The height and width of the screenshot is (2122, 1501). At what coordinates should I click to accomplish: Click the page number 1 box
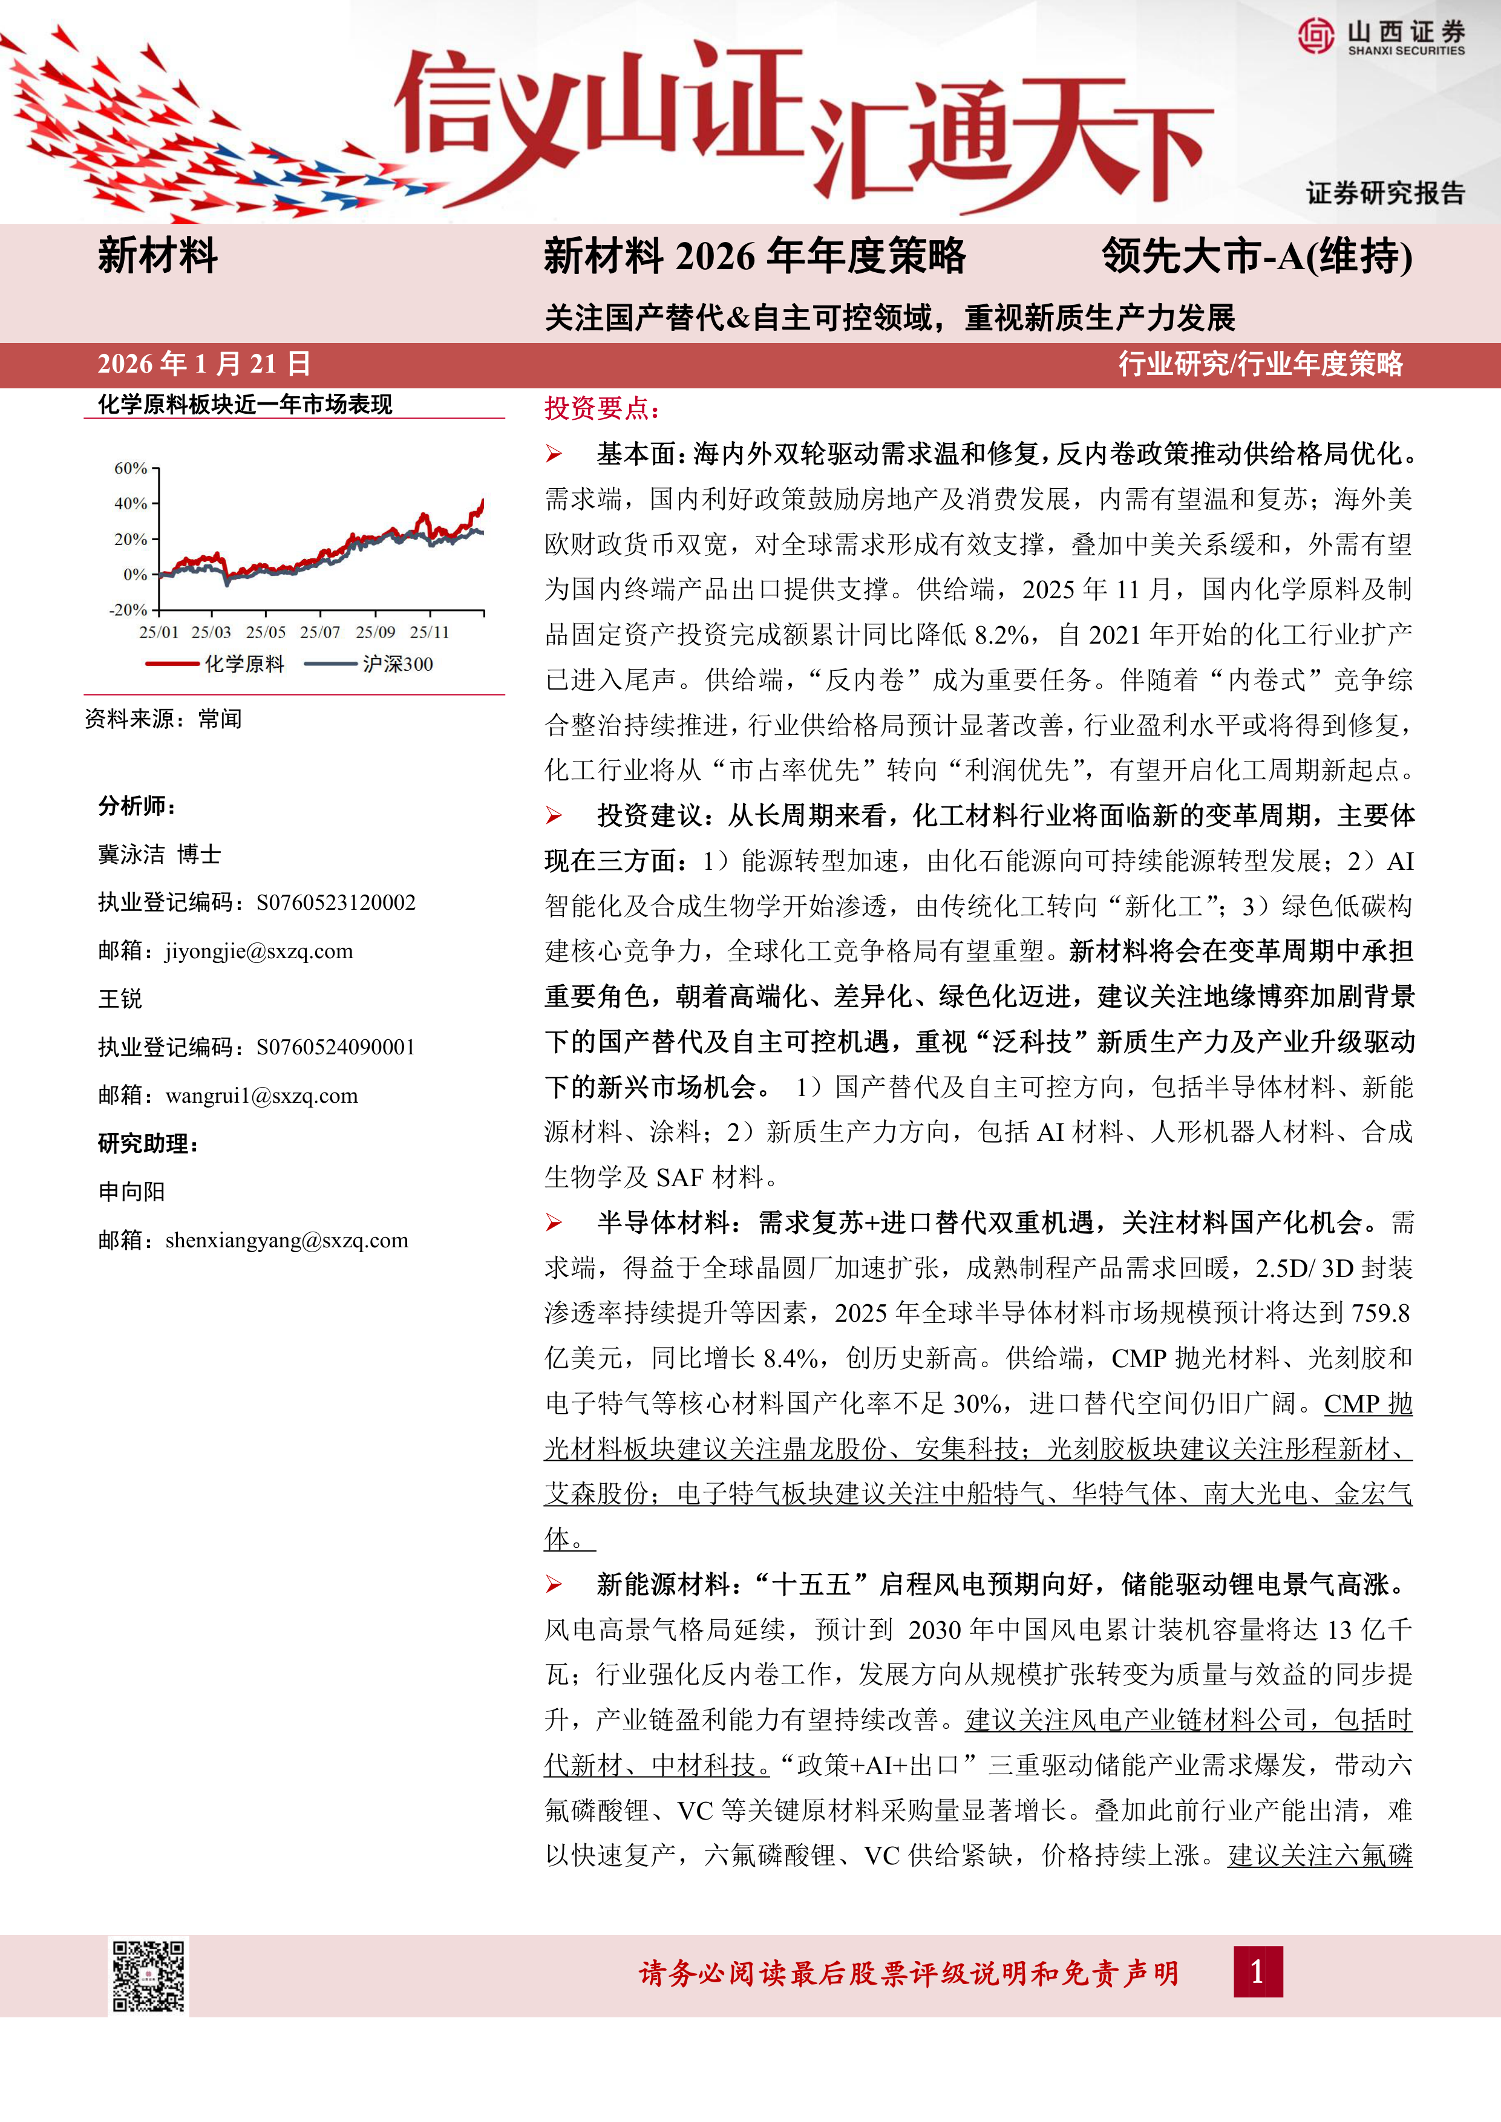[1257, 1972]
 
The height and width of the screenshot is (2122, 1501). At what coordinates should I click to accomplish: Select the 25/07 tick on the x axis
[320, 633]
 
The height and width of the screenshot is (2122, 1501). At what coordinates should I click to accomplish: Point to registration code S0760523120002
[336, 903]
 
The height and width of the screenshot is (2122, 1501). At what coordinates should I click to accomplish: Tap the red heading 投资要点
[602, 408]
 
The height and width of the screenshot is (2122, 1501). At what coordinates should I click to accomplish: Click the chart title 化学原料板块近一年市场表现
[245, 405]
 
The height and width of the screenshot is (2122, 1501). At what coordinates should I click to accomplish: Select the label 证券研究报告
[1385, 193]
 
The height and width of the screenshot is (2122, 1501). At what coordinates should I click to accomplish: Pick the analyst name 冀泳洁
[131, 855]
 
